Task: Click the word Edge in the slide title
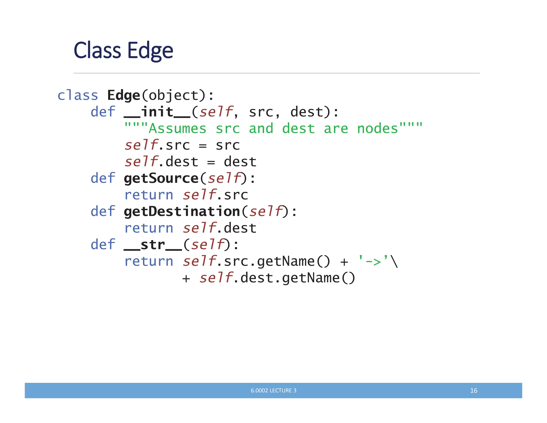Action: click(150, 51)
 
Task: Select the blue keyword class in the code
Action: click(78, 95)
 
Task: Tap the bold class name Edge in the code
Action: click(123, 95)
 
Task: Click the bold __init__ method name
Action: click(157, 112)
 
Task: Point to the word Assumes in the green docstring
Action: click(177, 129)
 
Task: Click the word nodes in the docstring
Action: click(377, 129)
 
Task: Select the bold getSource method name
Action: click(161, 178)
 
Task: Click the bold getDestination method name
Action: click(182, 211)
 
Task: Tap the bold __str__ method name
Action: click(153, 245)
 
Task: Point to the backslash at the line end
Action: click(394, 261)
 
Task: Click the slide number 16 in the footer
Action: click(474, 390)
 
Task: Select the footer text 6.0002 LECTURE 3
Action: click(273, 390)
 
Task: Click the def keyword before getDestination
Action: click(103, 211)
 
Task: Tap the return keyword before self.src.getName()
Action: click(149, 261)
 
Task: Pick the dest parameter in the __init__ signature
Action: click(307, 112)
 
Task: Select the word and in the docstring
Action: click(261, 129)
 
